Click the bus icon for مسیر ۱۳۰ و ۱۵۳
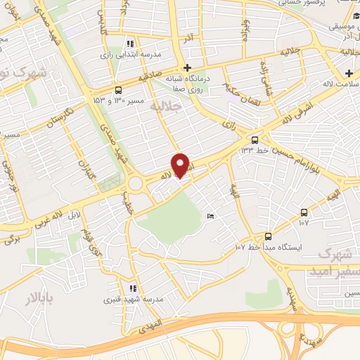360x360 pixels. pyautogui.click(x=118, y=90)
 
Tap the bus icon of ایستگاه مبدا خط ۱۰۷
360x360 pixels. pyautogui.click(x=268, y=236)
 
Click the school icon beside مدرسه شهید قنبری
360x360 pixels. pyautogui.click(x=132, y=288)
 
